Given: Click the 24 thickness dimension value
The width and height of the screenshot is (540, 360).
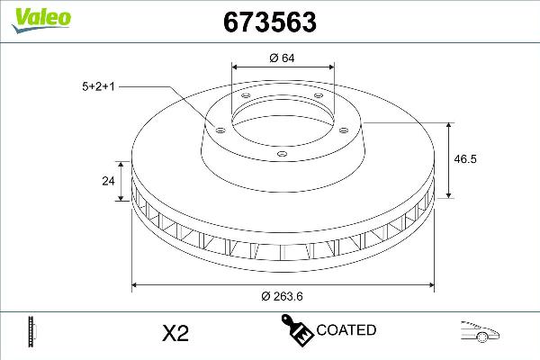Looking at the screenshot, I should [109, 181].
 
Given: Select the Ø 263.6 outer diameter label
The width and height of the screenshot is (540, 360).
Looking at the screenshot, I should [281, 297].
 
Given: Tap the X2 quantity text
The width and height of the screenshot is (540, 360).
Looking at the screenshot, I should [174, 333].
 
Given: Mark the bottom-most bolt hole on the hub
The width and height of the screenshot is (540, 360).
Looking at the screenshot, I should [281, 155].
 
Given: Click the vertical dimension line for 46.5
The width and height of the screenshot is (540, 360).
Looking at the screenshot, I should [450, 158].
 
